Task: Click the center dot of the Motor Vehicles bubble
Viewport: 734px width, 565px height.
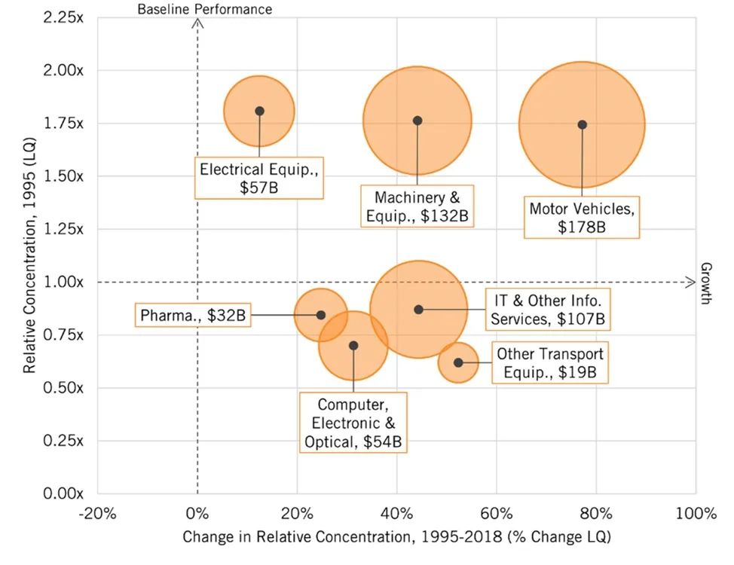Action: pos(582,124)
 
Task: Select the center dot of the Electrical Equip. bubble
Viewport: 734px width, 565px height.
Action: pos(259,111)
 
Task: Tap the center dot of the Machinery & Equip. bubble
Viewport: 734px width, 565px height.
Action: pos(417,121)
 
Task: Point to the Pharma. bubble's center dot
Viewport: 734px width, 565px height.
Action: pos(320,315)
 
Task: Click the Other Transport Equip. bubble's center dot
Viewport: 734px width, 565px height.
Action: pos(458,362)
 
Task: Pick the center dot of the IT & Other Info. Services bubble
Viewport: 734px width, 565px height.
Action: pos(418,310)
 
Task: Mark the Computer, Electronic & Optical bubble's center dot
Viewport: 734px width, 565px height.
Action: pos(353,346)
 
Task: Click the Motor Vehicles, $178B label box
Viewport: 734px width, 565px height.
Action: pos(583,217)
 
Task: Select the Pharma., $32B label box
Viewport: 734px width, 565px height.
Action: pos(194,315)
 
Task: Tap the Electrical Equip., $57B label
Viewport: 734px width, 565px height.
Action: pos(259,178)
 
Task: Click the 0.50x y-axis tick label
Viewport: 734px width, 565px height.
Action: pos(63,388)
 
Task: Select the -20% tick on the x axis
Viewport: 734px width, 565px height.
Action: pos(97,515)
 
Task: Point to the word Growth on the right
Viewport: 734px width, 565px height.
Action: pos(707,283)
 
